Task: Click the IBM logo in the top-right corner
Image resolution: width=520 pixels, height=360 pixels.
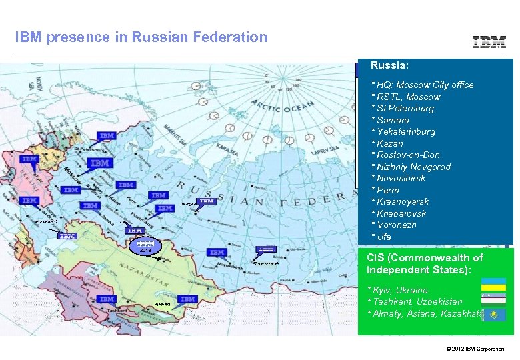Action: [x=489, y=41]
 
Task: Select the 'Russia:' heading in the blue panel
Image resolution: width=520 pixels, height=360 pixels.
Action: [x=389, y=67]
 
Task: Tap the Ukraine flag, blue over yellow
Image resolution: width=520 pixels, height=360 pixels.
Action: [x=493, y=284]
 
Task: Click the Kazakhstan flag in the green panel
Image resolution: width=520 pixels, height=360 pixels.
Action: [x=493, y=313]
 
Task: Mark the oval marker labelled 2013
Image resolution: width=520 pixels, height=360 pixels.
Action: [x=145, y=245]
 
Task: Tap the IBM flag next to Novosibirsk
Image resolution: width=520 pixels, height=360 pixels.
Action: [x=217, y=252]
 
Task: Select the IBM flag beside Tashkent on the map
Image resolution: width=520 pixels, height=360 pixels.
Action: [x=107, y=299]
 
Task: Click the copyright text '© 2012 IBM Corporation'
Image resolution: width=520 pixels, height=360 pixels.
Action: [x=476, y=349]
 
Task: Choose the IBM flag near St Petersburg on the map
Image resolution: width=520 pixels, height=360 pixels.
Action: [x=107, y=136]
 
